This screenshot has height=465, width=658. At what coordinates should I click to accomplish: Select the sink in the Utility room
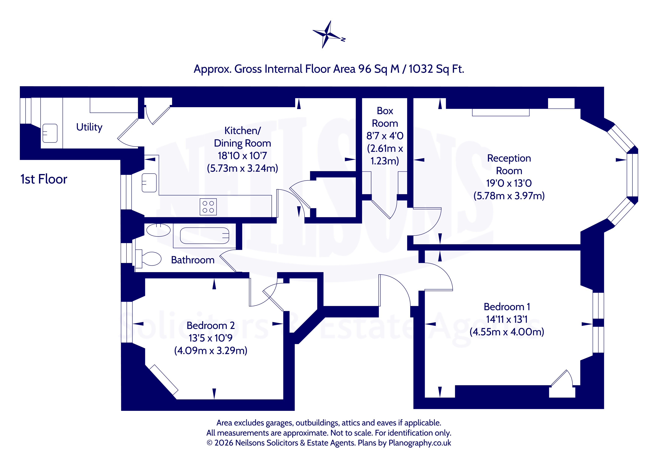[x=50, y=133]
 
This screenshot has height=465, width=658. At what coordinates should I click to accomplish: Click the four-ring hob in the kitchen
[x=208, y=207]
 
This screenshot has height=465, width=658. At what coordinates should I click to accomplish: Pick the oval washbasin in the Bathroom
[x=159, y=230]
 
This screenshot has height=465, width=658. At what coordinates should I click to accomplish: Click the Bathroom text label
[x=193, y=260]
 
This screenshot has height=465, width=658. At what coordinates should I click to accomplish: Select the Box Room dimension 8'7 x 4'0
[x=385, y=136]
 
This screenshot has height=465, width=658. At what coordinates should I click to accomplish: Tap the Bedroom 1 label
[x=507, y=307]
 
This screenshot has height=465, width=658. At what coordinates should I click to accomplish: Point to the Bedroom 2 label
[x=211, y=326]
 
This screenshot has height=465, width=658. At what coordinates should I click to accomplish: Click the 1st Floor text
[x=44, y=179]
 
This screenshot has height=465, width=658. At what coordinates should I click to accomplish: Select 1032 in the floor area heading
[x=421, y=69]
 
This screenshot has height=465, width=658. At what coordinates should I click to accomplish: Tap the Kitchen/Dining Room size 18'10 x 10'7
[x=242, y=156]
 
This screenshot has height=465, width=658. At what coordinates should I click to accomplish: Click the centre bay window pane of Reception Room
[x=632, y=175]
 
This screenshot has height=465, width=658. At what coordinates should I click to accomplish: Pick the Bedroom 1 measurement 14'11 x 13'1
[x=507, y=319]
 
